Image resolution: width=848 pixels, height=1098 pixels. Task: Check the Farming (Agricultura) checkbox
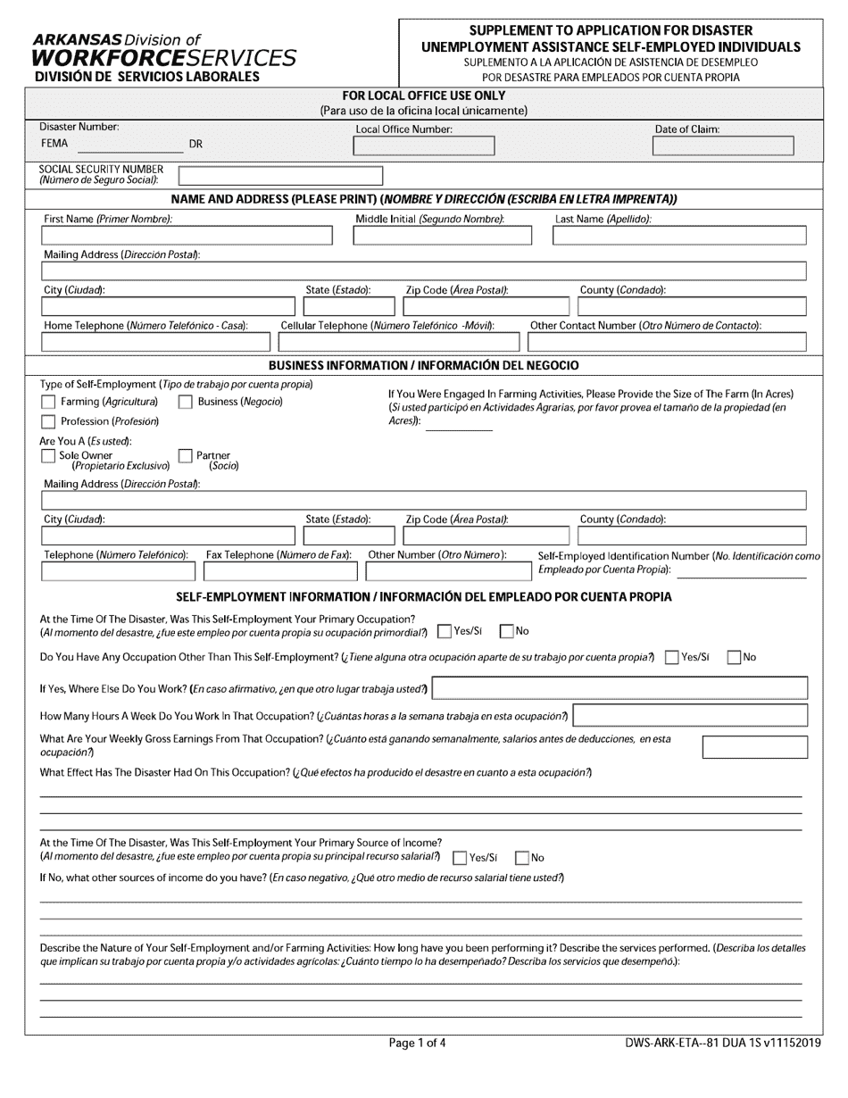48,403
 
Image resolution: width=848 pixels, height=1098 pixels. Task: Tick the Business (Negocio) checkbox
186,403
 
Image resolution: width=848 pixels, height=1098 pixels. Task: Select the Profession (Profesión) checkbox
48,421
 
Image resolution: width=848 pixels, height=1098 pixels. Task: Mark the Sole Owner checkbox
48,456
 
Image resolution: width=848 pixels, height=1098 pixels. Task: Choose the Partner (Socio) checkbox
186,456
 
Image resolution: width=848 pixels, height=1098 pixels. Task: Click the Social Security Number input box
280,175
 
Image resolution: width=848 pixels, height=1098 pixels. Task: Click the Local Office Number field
423,146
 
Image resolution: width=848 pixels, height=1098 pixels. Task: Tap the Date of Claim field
722,146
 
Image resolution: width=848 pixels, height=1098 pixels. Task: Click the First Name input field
187,236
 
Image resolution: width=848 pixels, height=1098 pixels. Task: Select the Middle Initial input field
442,236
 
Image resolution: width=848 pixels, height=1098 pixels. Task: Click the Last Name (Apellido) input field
679,236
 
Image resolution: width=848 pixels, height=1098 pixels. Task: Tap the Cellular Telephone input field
397,342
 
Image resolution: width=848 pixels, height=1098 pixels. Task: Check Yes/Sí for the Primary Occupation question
445,632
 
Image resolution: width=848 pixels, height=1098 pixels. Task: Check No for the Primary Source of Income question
522,858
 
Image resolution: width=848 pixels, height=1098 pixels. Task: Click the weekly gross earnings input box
755,747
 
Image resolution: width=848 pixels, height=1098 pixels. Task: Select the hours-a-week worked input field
690,716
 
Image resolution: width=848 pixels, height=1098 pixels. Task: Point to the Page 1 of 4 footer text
418,1042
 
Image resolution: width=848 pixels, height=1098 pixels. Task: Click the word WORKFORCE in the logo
109,58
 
